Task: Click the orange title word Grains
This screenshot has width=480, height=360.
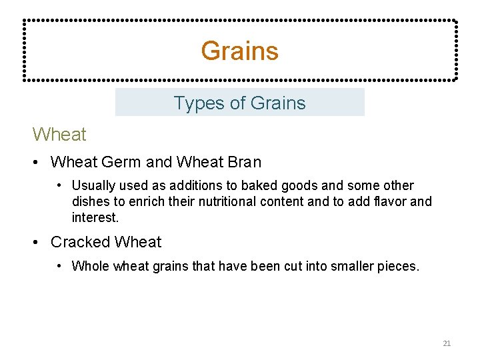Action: pyautogui.click(x=239, y=51)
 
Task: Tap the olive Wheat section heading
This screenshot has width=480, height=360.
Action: pyautogui.click(x=59, y=135)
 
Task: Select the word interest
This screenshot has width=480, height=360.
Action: pyautogui.click(x=94, y=217)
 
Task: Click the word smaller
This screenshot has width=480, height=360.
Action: pyautogui.click(x=348, y=267)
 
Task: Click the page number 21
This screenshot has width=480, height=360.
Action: pyautogui.click(x=447, y=343)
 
